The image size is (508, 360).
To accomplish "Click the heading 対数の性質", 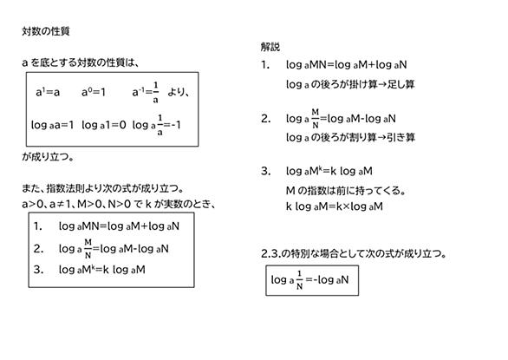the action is pos(46,31).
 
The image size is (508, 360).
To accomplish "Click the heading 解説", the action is pos(270,47).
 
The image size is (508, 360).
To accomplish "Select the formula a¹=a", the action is pos(48,92).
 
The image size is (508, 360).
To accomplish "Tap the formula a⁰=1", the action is pos(94,92).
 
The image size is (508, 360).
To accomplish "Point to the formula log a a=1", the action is pos(53,125).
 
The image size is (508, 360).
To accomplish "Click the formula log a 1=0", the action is pos(104,125).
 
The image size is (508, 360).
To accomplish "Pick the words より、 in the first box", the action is pos(179,93).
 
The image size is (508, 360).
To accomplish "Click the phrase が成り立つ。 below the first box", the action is pos(48,157).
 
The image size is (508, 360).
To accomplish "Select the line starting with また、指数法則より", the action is pos(102,188).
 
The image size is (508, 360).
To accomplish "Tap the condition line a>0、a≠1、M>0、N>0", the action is pos(119,204).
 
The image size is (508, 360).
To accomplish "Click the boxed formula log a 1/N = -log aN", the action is pos(309,280).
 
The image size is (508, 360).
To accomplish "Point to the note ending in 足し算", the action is pos(350,84).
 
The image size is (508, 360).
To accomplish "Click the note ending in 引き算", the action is pos(350,138).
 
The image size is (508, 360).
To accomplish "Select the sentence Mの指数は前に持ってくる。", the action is pos(346,190).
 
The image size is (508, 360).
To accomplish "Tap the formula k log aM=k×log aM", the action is pos(335,206).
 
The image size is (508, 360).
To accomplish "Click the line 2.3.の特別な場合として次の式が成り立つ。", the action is pos(354,253).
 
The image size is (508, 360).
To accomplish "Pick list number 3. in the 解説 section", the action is pos(265,171).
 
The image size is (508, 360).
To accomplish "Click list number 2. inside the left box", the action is pos(38,249).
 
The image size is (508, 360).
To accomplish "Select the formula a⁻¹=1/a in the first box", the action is pos(146,93).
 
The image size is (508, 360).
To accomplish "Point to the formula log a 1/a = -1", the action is pos(157,125).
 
